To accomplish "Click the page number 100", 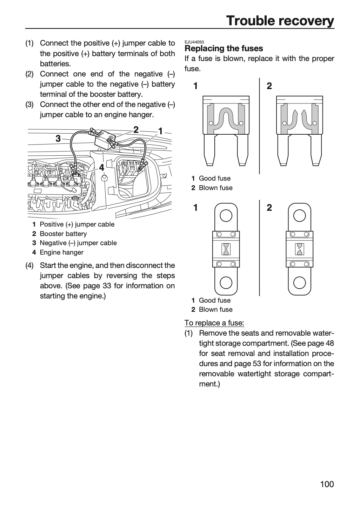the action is click(x=327, y=484).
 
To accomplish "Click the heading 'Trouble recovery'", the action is click(x=280, y=21).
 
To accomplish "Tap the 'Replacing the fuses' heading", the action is click(x=224, y=48).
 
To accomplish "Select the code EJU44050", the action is click(x=194, y=42).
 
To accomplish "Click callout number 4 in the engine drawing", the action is click(x=102, y=168).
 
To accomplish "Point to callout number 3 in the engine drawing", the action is click(x=58, y=139).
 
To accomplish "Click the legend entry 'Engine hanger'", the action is click(x=62, y=252).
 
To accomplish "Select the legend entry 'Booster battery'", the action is click(x=63, y=234).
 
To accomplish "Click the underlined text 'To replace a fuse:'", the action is click(x=214, y=323).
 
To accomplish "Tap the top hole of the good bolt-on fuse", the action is click(x=226, y=216).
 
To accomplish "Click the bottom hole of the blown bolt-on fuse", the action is click(x=299, y=283).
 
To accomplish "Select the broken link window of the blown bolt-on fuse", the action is click(x=300, y=249).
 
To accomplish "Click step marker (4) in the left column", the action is click(x=29, y=265).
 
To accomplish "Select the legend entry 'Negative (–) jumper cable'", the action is click(x=78, y=243).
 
